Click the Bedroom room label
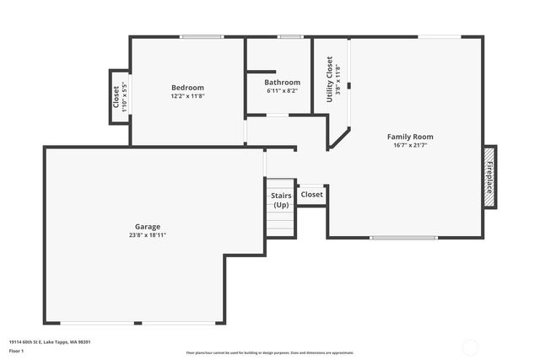click(x=187, y=88)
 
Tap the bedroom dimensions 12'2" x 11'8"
click(x=187, y=96)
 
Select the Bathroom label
click(x=282, y=83)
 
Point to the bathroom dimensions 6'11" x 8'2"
click(x=282, y=91)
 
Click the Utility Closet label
click(x=330, y=79)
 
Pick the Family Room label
click(x=410, y=137)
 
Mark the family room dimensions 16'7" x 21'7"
click(x=410, y=145)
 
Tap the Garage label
click(x=147, y=227)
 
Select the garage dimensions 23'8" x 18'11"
click(x=147, y=235)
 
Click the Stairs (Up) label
click(x=281, y=200)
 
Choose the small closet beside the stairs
click(x=311, y=195)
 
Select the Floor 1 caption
click(x=18, y=352)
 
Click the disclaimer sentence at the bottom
click(x=270, y=352)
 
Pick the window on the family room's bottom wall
click(x=403, y=237)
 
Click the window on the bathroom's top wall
click(x=290, y=36)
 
